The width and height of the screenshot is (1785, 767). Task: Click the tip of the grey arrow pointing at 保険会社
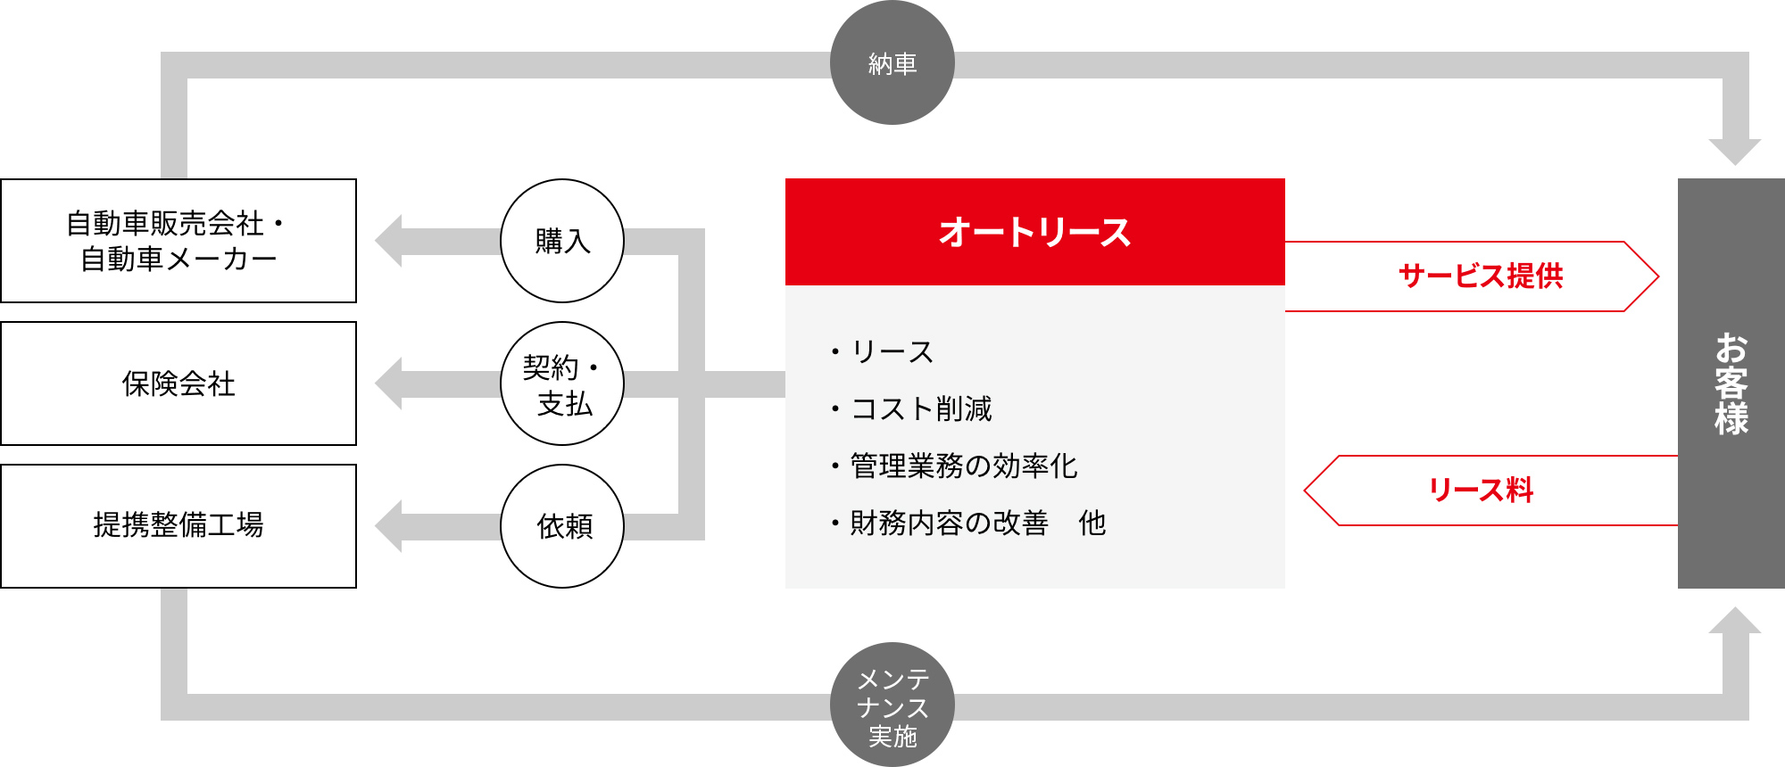click(x=375, y=383)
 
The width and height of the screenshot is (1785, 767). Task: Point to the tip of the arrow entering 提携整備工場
click(x=375, y=526)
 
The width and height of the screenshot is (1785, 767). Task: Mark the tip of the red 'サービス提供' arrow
click(x=1659, y=276)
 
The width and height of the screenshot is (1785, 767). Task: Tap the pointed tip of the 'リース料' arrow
click(x=1304, y=491)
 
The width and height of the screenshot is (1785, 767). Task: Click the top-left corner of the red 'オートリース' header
click(x=785, y=178)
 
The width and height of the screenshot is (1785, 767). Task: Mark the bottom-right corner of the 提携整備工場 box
click(x=357, y=589)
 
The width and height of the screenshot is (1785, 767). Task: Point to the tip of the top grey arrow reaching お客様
click(x=1735, y=166)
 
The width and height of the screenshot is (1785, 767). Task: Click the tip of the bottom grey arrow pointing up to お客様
click(x=1735, y=606)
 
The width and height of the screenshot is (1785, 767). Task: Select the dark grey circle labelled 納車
click(x=892, y=62)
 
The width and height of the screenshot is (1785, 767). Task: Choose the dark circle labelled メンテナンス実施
click(x=892, y=705)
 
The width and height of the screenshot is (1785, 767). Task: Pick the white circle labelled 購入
click(x=562, y=241)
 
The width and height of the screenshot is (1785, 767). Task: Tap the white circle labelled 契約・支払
click(x=562, y=383)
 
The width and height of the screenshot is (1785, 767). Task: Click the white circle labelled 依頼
click(x=562, y=526)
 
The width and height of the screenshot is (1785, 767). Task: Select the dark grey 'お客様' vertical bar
click(x=1731, y=383)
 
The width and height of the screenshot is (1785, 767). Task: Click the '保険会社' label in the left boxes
click(x=178, y=383)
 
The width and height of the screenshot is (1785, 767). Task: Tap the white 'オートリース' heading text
click(x=1035, y=232)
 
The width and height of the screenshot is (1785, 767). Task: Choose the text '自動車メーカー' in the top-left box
click(x=178, y=259)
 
